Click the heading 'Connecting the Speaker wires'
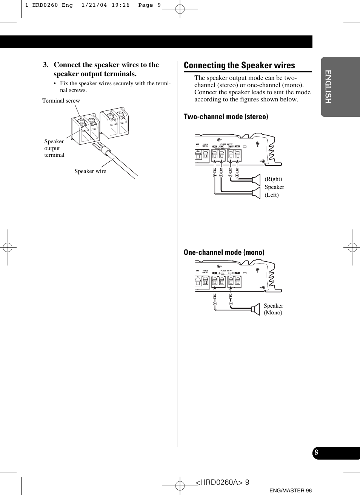239,65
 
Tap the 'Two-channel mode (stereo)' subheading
226,116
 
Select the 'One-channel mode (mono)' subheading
224,252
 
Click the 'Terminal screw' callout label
61,101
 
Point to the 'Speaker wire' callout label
90,171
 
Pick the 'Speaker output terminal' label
54,148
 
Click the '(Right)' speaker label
273,179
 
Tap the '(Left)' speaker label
272,195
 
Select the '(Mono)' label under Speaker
273,313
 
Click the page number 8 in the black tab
316,453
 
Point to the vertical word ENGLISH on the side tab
328,87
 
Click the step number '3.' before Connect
46,65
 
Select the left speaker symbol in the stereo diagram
257,193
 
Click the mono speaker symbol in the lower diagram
256,309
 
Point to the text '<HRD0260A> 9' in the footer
222,483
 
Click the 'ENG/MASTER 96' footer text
291,490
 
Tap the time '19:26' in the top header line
120,5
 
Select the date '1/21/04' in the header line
94,5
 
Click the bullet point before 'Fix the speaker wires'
55,84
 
